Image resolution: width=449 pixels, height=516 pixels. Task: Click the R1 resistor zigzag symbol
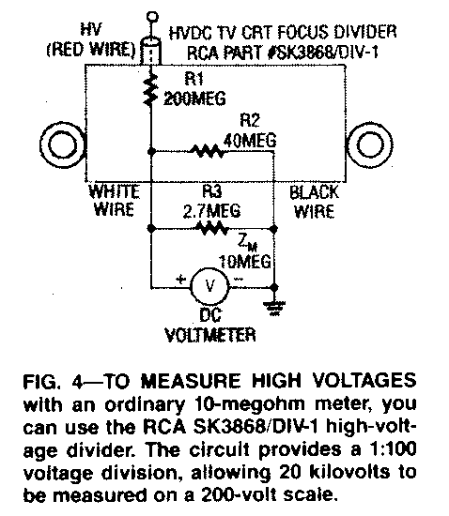(x=151, y=89)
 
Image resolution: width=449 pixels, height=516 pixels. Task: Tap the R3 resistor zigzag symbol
(x=212, y=228)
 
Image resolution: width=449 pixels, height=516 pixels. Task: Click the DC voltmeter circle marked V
(x=209, y=285)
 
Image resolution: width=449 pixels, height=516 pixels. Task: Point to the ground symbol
(x=274, y=308)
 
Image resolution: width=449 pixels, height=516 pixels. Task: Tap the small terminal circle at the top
(x=152, y=16)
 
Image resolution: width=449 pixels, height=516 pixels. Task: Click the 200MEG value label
(x=194, y=99)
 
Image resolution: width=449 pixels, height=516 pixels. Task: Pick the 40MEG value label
(x=250, y=141)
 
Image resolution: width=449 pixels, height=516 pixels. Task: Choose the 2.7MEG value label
(x=211, y=211)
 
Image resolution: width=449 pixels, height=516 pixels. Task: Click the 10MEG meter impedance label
(x=245, y=262)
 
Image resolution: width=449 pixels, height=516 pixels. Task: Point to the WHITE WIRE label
(x=114, y=201)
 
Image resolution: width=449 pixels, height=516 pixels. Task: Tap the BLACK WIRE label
(x=315, y=202)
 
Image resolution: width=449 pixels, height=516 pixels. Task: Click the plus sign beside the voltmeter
(x=180, y=280)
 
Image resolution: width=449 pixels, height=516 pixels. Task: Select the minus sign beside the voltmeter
(x=239, y=279)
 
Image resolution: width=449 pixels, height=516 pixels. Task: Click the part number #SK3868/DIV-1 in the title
(x=323, y=53)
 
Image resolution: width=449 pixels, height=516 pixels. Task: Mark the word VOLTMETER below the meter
(x=210, y=335)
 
